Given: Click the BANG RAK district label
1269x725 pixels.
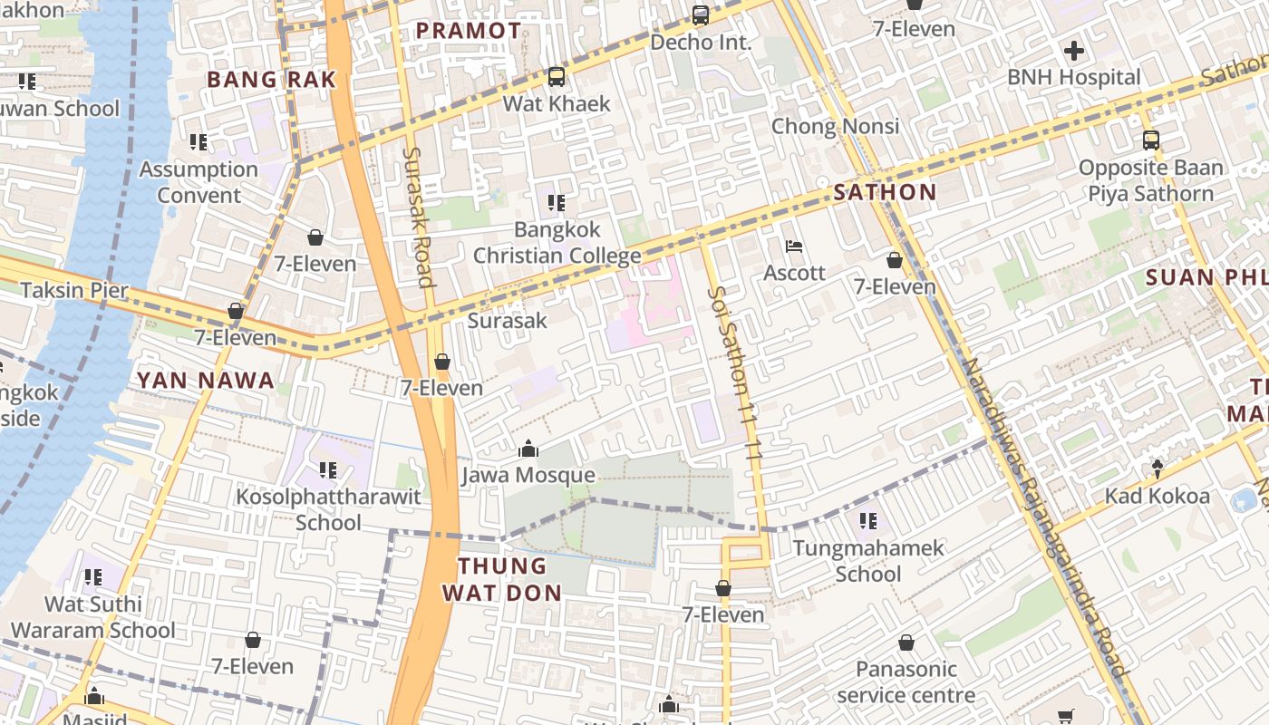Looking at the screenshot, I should point(271,80).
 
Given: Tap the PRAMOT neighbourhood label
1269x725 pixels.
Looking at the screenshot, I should point(469,31).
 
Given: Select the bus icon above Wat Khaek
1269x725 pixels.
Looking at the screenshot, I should point(557,77).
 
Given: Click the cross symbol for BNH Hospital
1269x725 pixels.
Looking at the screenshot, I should point(1074,51).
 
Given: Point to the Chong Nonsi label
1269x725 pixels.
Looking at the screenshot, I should point(835,126).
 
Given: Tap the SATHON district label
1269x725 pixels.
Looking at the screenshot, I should point(885,192).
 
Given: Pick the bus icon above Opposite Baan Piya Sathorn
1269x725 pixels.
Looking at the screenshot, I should point(1150,140).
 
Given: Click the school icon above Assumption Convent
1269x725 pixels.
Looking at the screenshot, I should point(199,142).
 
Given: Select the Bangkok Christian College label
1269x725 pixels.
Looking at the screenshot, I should point(557,243).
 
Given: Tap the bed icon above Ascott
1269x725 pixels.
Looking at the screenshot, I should point(794,246).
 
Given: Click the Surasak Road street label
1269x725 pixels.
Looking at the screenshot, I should point(419,217).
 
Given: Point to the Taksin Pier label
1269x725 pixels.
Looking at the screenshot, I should point(74,291).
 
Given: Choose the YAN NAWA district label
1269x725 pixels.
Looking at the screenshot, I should point(206,381).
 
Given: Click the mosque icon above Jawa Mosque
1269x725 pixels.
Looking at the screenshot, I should point(528,449).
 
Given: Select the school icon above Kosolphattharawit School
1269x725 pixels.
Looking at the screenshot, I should point(328,470).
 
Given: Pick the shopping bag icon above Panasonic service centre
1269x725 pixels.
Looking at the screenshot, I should point(906,643).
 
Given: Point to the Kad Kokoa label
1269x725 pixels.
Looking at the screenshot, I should point(1157,497).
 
